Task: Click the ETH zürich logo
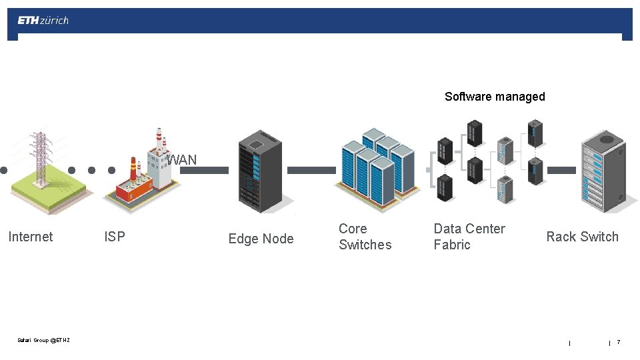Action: pos(43,21)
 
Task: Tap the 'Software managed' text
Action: pos(495,97)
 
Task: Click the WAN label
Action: pos(182,160)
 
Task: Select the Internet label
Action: pos(30,237)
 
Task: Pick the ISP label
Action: pos(115,237)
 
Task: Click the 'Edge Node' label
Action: pos(261,239)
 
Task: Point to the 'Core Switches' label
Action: pos(365,237)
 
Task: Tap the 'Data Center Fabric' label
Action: pos(469,237)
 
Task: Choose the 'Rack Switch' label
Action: pos(582,237)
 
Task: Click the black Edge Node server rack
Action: pos(260,170)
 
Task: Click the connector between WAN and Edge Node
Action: pos(204,171)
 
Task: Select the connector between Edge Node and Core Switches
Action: pos(311,171)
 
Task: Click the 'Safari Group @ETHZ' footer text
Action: pos(43,341)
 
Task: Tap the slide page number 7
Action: pos(618,342)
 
